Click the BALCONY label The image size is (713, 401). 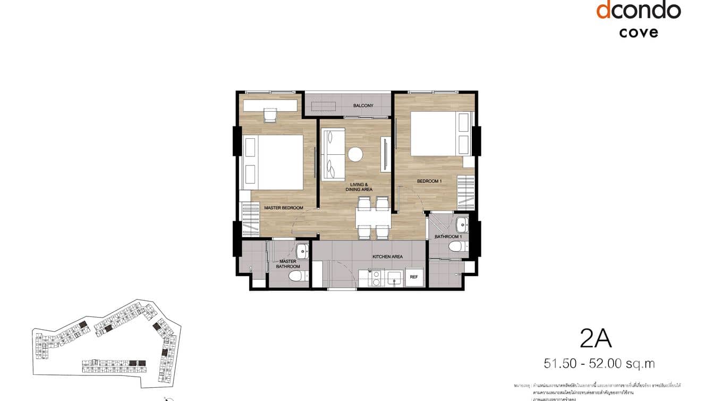coord(363,105)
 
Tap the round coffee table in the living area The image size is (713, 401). coord(355,154)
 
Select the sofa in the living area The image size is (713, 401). coord(333,154)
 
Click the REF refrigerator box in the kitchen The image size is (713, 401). coord(414,277)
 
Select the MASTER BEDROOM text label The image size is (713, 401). coord(284,207)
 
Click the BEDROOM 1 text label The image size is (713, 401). coord(429,181)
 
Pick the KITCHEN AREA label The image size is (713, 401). coord(387,257)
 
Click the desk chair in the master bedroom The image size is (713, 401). coord(270,115)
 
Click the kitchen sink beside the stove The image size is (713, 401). coord(394,277)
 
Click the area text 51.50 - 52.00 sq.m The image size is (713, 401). coord(599,364)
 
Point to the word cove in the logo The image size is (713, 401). coord(638,32)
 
